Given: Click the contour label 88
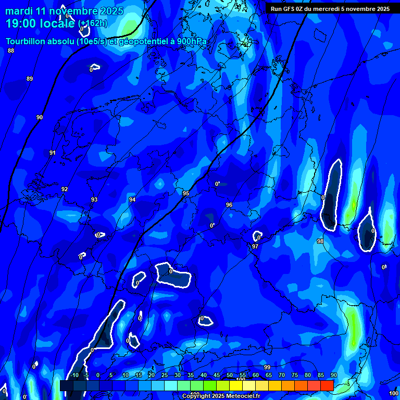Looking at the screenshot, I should [x=11, y=51].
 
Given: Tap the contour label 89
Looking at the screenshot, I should [x=30, y=79].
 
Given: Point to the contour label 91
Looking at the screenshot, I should [x=53, y=153].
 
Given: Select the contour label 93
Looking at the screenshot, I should [x=94, y=199].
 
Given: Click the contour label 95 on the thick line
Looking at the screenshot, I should [x=186, y=193].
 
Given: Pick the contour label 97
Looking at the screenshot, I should [x=255, y=246].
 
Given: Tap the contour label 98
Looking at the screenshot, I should [x=320, y=241].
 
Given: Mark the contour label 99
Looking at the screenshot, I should [x=267, y=367].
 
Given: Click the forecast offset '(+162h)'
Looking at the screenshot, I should [x=93, y=23].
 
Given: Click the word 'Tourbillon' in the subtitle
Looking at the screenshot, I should [x=29, y=42].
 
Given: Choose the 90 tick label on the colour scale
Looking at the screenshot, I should [x=333, y=375].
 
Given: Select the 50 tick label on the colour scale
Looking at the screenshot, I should [x=229, y=375].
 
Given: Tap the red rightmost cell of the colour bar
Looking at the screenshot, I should [x=327, y=385].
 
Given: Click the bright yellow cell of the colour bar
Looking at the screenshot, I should [x=236, y=385].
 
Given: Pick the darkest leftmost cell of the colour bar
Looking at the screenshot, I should [x=66, y=385].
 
